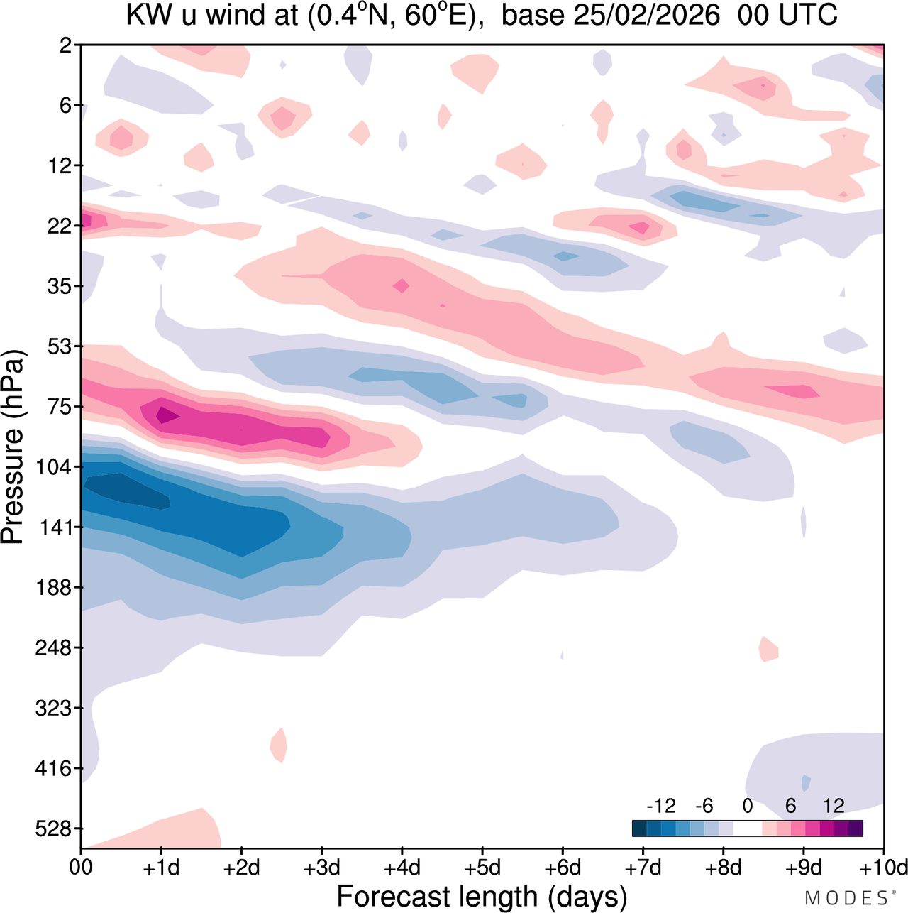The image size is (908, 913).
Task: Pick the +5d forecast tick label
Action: (x=482, y=868)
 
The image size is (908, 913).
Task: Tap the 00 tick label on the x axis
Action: (x=81, y=868)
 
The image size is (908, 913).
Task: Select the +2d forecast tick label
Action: (x=242, y=868)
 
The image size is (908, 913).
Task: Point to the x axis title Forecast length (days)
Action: (x=482, y=896)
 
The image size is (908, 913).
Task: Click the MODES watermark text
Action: (x=846, y=898)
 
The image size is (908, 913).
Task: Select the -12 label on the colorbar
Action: (x=660, y=806)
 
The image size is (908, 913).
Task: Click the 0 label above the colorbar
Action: (x=747, y=806)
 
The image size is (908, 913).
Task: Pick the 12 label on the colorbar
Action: (x=834, y=806)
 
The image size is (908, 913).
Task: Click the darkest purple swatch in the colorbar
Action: (x=856, y=829)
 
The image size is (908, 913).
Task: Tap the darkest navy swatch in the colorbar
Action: (x=639, y=829)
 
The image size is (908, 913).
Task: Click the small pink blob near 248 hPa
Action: (x=768, y=649)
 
